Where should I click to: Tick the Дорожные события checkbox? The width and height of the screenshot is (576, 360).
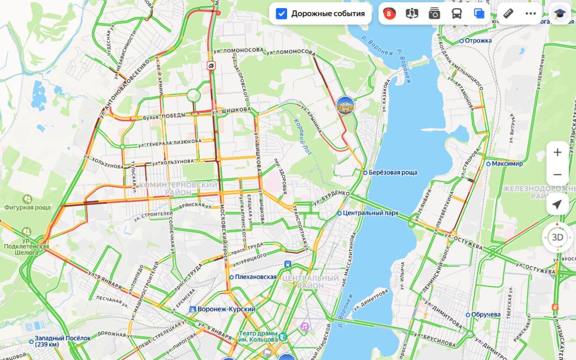pyautogui.click(x=282, y=13)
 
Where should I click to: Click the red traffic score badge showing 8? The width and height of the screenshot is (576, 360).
pyautogui.click(x=389, y=13)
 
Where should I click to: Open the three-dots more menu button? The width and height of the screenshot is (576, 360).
pyautogui.click(x=531, y=13)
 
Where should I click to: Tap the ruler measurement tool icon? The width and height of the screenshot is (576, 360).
pyautogui.click(x=508, y=13)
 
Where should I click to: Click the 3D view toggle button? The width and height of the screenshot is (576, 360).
pyautogui.click(x=558, y=237)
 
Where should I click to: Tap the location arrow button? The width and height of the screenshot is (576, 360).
pyautogui.click(x=557, y=204)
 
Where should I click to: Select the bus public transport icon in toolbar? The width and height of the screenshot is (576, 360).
pyautogui.click(x=457, y=13)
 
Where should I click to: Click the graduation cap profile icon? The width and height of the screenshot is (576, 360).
pyautogui.click(x=559, y=13)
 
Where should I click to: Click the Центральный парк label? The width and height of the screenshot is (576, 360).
pyautogui.click(x=370, y=213)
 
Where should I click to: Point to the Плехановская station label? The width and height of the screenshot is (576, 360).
pyautogui.click(x=255, y=277)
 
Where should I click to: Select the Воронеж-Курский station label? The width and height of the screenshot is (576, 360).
pyautogui.click(x=226, y=309)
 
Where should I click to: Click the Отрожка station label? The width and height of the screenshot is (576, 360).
pyautogui.click(x=478, y=40)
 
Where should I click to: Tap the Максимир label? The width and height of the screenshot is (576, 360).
pyautogui.click(x=507, y=163)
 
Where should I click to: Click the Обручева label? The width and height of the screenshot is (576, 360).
pyautogui.click(x=486, y=314)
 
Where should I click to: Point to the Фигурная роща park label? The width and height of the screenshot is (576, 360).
pyautogui.click(x=27, y=207)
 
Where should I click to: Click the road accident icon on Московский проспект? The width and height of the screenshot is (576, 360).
pyautogui.click(x=211, y=66)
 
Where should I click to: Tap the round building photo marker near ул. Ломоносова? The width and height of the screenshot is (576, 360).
pyautogui.click(x=345, y=105)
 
